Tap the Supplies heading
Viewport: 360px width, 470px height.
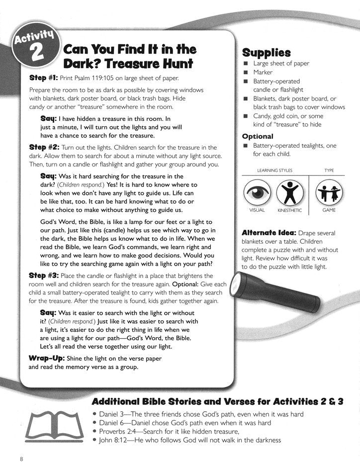click(266, 53)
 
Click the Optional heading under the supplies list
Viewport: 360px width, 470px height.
click(258, 136)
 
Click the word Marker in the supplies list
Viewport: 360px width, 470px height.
click(263, 72)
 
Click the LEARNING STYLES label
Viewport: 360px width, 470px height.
click(274, 170)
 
